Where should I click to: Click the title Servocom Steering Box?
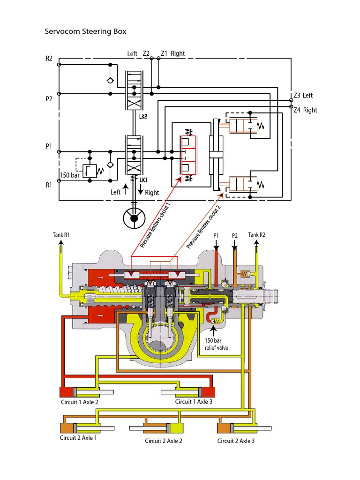coord(85,32)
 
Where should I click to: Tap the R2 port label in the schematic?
coord(49,59)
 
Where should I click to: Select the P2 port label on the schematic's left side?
coord(49,99)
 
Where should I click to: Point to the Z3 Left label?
coord(303,96)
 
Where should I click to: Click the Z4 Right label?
coord(305,110)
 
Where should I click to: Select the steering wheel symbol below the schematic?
coord(135,217)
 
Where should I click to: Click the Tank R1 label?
coord(61,235)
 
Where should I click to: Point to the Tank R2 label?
coord(257,235)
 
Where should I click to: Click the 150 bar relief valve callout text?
coord(217,344)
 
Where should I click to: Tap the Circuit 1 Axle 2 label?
coord(79,402)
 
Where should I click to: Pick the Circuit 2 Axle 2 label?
coord(163,441)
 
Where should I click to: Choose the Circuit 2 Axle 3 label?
coord(236,441)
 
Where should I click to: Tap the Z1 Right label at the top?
coord(172,53)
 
